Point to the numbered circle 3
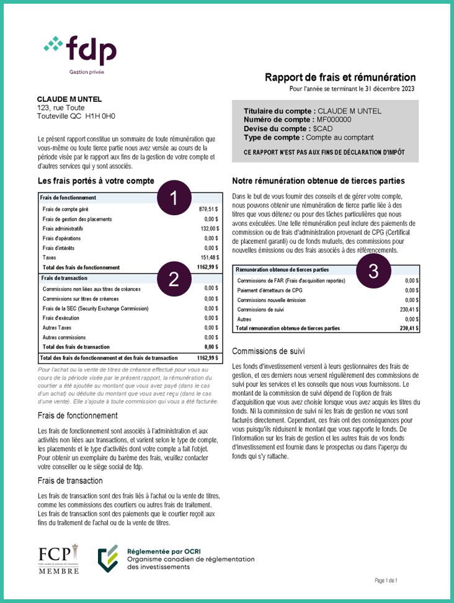373,270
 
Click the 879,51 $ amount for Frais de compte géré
208,209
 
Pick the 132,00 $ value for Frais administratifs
209,228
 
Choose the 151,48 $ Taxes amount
209,257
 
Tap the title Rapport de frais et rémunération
340,78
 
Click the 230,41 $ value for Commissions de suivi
409,309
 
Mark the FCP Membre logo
59,558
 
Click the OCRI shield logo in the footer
109,558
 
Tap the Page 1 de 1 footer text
386,581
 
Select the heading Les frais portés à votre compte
96,181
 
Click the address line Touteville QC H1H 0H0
76,115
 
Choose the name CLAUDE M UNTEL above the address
69,99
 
